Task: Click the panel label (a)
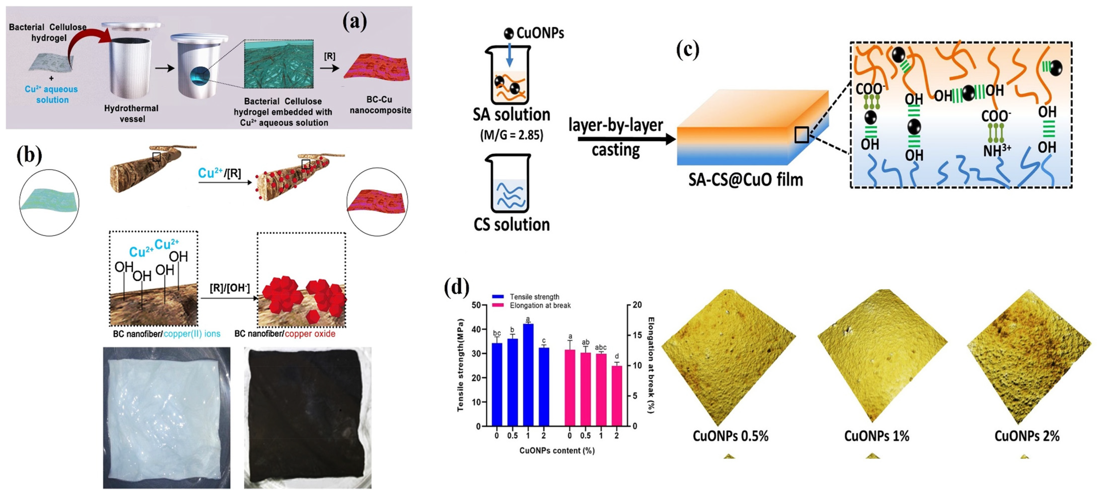[354, 22]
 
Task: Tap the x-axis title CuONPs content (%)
[557, 450]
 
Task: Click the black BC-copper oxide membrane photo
[308, 417]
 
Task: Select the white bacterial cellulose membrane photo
[167, 417]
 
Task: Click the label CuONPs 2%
[1027, 436]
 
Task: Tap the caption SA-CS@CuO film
[745, 180]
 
